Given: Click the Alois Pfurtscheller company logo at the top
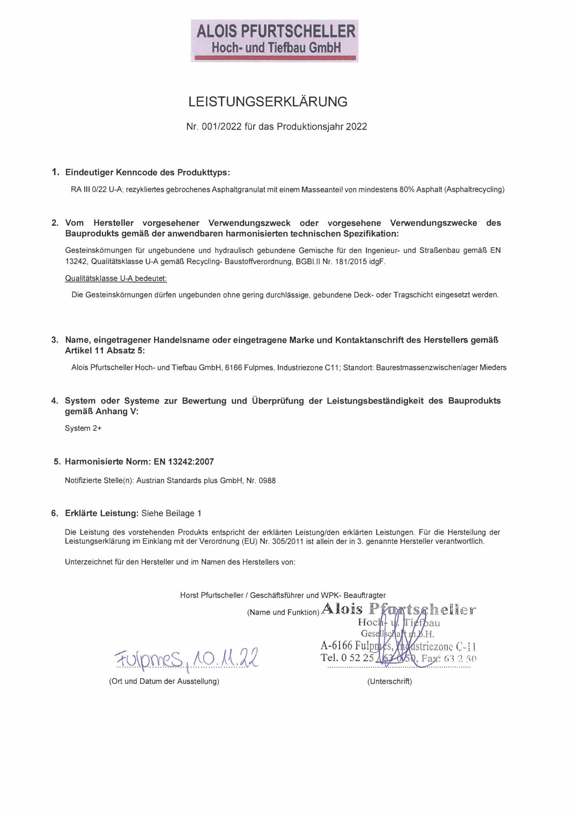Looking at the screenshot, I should click(x=274, y=40).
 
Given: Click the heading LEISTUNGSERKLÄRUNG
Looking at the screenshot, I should click(x=268, y=102).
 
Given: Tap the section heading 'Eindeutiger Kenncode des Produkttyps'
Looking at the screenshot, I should click(x=147, y=172).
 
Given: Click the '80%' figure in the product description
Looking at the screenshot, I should click(x=407, y=190).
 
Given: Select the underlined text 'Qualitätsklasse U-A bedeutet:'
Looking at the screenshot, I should click(x=116, y=279).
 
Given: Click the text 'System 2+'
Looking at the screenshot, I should click(x=83, y=428).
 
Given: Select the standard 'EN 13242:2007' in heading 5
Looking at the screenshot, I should click(x=184, y=462).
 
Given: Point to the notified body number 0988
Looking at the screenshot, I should click(x=267, y=481).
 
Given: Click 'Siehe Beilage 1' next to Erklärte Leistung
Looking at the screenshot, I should click(x=171, y=513).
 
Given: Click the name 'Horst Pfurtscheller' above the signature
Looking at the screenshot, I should click(x=211, y=595).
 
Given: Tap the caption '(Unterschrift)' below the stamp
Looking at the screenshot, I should click(x=389, y=682).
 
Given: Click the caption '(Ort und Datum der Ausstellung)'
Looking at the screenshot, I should click(x=164, y=682).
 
